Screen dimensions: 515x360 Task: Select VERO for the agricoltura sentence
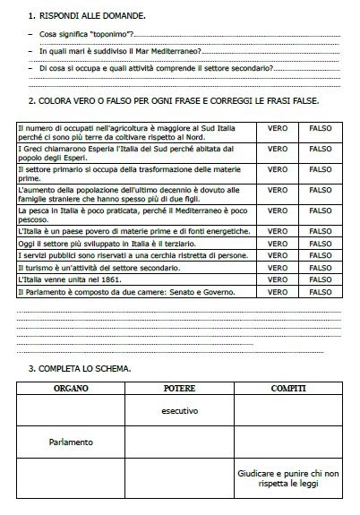278,129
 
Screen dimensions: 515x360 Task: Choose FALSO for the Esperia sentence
320,149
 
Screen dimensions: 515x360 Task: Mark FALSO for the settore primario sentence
320,167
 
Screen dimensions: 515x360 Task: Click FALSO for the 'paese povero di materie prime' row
320,231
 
